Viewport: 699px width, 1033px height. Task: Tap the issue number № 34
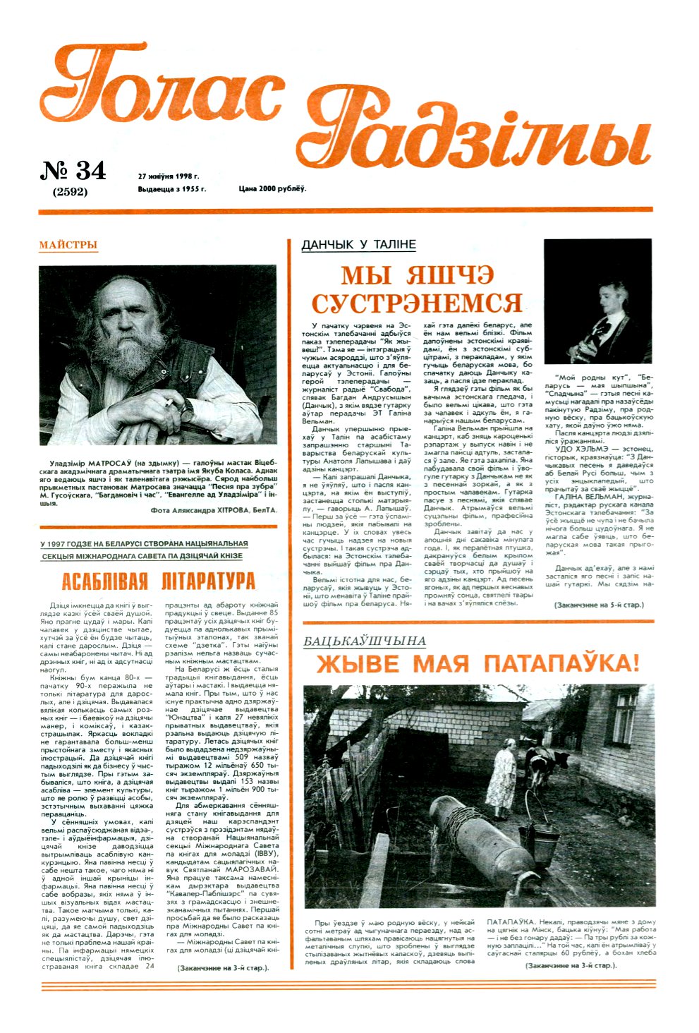point(73,171)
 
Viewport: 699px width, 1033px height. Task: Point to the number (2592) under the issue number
point(71,191)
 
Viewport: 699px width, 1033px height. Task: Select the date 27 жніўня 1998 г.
point(169,176)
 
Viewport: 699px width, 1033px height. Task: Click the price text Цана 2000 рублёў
point(272,189)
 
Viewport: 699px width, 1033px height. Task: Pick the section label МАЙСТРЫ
point(68,246)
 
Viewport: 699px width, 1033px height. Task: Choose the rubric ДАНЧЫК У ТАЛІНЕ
point(358,245)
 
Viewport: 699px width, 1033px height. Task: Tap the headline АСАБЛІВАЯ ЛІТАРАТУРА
point(158,581)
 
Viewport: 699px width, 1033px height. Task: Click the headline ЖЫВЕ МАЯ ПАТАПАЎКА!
point(478,664)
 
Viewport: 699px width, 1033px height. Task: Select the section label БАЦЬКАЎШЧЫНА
point(364,641)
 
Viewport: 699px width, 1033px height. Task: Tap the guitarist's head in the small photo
point(613,294)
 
